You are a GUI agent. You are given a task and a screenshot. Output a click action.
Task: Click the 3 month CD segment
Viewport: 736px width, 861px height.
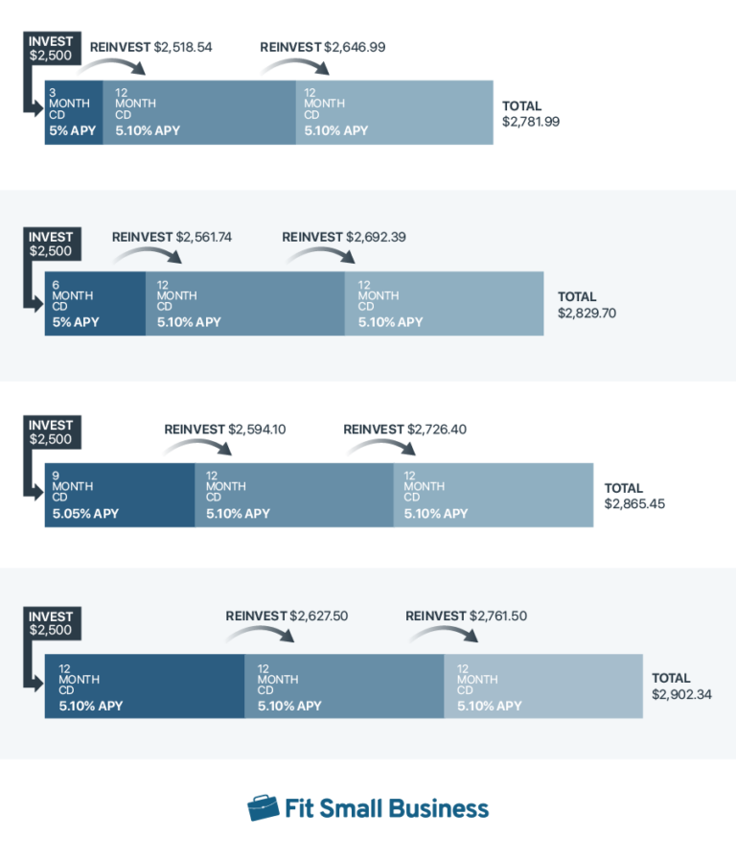[x=74, y=113]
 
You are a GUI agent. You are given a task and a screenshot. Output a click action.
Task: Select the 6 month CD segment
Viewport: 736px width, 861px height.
[x=95, y=304]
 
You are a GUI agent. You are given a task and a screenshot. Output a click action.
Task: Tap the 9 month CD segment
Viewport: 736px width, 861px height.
[x=119, y=495]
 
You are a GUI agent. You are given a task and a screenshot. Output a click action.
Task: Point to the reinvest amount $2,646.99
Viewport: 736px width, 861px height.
[x=356, y=46]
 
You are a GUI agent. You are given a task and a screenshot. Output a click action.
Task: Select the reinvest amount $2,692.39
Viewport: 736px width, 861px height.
[x=379, y=237]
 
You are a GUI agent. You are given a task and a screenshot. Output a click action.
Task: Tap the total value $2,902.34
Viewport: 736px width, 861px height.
[x=681, y=694]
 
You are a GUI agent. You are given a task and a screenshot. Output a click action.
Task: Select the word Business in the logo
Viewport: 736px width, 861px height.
[x=438, y=808]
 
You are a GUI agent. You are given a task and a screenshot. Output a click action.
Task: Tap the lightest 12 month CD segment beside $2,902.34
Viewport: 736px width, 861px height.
[x=542, y=686]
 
